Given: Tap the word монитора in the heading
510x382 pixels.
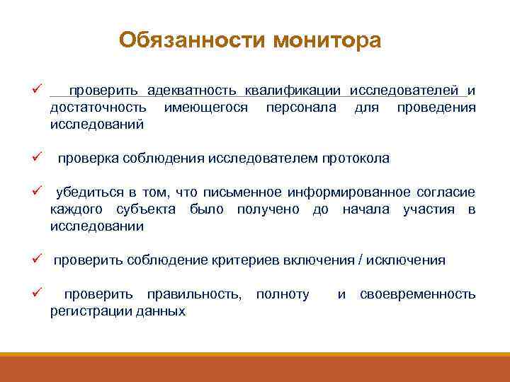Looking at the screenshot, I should (326, 40).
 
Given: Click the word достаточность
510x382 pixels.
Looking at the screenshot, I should (99, 108).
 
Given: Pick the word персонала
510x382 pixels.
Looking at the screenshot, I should (300, 108).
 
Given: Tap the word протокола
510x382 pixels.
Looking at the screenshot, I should (352, 158).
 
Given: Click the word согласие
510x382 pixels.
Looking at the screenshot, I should (446, 193).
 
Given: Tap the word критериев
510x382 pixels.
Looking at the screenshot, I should (247, 260).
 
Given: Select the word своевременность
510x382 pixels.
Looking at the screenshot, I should (418, 294).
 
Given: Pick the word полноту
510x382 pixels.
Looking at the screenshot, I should (283, 294).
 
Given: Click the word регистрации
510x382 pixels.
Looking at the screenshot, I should (84, 311).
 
